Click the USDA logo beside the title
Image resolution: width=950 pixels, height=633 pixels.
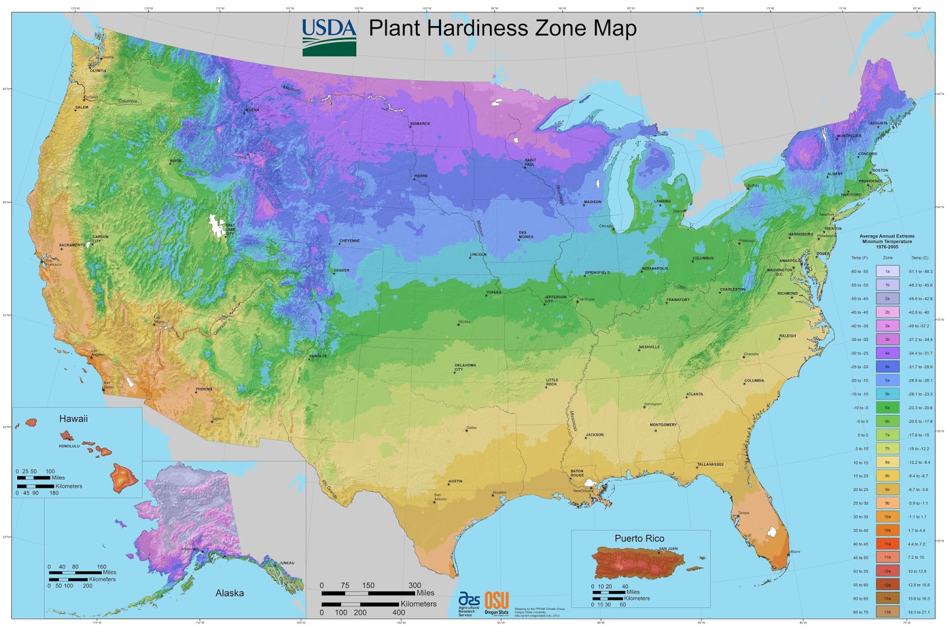(329, 37)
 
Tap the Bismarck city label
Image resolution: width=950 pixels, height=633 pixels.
(420, 124)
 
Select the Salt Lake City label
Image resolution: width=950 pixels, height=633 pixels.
(230, 229)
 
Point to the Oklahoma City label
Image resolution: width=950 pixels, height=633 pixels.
(465, 368)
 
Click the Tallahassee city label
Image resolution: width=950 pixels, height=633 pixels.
(710, 464)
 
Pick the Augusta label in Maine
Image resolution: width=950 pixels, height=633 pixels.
(879, 124)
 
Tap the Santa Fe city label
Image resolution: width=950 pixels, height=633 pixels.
(319, 356)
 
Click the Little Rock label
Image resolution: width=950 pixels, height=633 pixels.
(552, 382)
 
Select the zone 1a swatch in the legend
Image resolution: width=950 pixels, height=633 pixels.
(887, 271)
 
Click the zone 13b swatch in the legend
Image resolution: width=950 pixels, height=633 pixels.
(887, 612)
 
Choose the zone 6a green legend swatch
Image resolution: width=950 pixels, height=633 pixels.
(887, 407)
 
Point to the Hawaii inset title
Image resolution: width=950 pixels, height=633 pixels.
(73, 419)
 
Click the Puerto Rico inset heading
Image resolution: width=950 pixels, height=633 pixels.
(639, 538)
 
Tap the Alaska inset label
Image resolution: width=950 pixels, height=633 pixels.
(229, 593)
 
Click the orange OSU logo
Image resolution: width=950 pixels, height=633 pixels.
(496, 600)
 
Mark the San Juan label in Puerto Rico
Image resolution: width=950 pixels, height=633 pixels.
(668, 549)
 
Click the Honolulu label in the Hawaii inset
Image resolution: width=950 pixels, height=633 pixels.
(69, 446)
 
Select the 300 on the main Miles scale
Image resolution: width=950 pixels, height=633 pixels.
(414, 585)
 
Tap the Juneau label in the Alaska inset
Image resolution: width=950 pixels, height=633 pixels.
(287, 562)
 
